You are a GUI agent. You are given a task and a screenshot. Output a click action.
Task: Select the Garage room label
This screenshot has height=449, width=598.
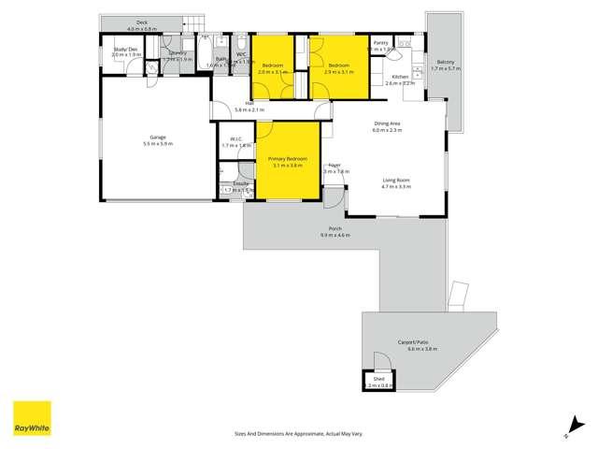click(156, 138)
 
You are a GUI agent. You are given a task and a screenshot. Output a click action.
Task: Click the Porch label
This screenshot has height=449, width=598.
click(335, 228)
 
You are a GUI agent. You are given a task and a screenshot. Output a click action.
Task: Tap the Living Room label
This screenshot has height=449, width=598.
click(396, 180)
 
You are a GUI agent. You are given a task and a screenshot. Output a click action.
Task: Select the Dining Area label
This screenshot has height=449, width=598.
click(387, 123)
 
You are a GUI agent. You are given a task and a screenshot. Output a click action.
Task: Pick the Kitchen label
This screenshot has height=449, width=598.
click(399, 77)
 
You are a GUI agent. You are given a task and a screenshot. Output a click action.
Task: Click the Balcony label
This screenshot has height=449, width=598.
click(443, 63)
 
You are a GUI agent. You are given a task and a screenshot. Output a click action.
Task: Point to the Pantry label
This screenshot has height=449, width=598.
click(380, 43)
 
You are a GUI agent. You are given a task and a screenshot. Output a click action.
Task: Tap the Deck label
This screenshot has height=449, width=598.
click(142, 22)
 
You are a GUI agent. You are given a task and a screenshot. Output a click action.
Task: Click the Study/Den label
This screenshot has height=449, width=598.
click(126, 50)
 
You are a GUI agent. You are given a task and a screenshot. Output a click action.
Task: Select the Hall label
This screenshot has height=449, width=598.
click(249, 103)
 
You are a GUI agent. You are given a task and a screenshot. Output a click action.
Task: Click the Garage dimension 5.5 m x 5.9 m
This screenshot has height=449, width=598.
click(156, 144)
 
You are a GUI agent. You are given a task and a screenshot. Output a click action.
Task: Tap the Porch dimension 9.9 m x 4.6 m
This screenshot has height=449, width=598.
click(336, 235)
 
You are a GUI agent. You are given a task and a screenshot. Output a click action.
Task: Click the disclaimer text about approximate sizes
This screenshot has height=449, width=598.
click(298, 433)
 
